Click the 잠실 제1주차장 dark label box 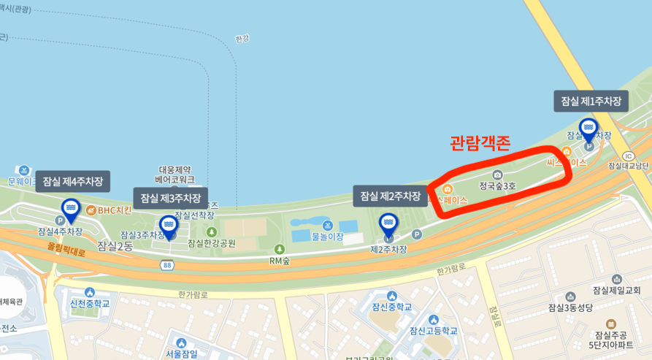tap(591, 102)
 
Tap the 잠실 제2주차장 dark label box tap(391, 196)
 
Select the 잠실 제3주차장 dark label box tap(170, 198)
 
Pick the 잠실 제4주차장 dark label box tap(72, 181)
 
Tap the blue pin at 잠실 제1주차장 tap(588, 130)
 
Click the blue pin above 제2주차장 tap(388, 223)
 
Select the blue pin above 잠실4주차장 tap(71, 210)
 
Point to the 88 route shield tap(168, 265)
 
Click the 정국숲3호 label tap(497, 186)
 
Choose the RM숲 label tap(280, 260)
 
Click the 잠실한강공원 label tap(212, 243)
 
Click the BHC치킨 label tap(114, 210)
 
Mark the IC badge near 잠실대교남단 tap(628, 156)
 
